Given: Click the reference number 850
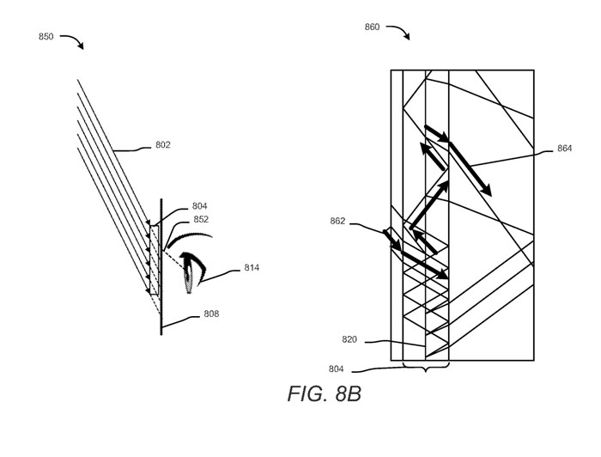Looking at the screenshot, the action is [46, 37].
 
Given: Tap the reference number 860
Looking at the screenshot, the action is [372, 27].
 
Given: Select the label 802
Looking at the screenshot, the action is [163, 145].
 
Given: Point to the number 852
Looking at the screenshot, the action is [201, 219].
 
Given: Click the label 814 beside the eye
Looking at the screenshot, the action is [252, 268].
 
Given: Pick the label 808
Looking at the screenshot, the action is [211, 314].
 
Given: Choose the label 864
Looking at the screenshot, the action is [564, 149].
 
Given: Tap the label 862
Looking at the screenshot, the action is [337, 222].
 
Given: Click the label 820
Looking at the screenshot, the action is [349, 339].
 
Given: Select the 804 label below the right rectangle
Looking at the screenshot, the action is [337, 369].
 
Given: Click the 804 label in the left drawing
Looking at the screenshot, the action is [200, 206].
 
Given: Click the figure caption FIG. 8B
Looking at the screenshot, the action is [325, 393].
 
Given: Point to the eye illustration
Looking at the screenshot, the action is [192, 271].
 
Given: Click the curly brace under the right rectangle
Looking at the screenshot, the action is [426, 367].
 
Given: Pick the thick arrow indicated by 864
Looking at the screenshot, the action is [470, 168].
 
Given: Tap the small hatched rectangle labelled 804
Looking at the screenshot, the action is [154, 260].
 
